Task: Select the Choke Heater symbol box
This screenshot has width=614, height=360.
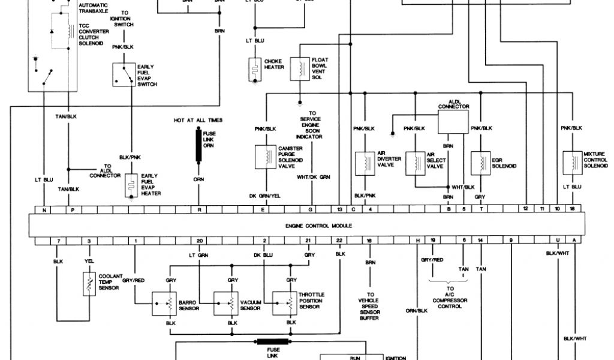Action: click(254, 69)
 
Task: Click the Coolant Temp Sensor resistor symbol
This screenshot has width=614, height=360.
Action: click(89, 283)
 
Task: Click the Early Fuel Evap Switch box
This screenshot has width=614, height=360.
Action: click(124, 74)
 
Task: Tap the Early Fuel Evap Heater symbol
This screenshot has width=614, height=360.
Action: click(130, 186)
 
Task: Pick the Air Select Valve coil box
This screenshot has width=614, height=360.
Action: click(415, 164)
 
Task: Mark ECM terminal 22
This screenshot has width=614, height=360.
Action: click(339, 241)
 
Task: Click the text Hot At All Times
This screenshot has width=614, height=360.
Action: click(198, 121)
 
